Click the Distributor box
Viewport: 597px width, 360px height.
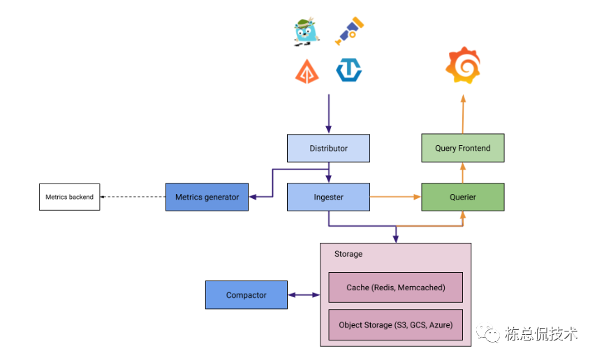[x=328, y=149]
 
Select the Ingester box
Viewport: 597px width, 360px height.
[x=328, y=197]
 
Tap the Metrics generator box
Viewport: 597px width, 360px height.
[x=207, y=197]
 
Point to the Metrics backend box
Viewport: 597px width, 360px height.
[x=69, y=197]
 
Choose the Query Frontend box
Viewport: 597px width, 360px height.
[x=462, y=149]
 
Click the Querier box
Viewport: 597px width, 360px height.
[x=462, y=197]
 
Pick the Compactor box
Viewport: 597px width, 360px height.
[x=246, y=295]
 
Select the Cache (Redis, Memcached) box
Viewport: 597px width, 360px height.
[x=395, y=287]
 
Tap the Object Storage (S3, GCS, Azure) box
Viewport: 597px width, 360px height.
[x=395, y=325]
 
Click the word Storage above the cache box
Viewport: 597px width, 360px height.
[x=348, y=254]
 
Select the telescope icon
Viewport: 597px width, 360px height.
[x=350, y=32]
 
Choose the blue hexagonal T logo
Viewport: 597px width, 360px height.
[x=348, y=70]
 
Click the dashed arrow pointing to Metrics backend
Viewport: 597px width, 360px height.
[x=133, y=197]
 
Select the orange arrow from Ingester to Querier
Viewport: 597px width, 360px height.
[x=395, y=197]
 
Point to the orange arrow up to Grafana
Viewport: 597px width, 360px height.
[x=462, y=115]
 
